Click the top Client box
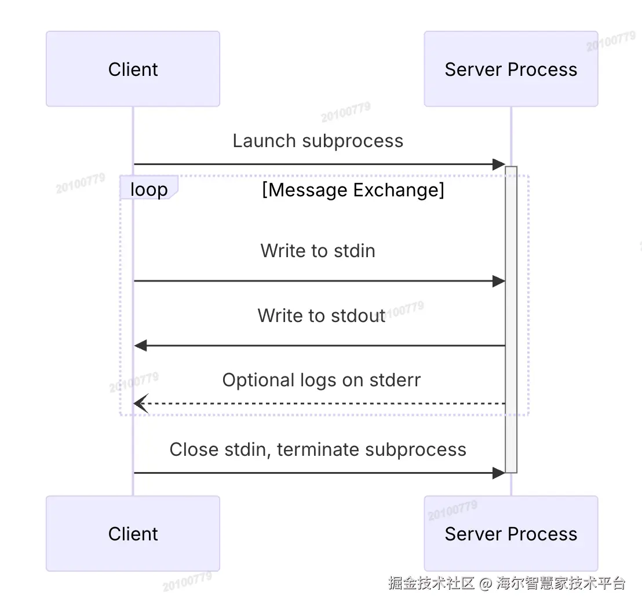tap(133, 69)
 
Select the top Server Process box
tap(510, 69)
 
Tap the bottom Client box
tap(133, 533)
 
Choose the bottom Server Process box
tap(510, 533)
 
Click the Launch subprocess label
tap(318, 141)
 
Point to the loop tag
tap(148, 189)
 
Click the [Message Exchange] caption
tap(353, 190)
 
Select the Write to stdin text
tap(318, 251)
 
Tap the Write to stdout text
tap(321, 316)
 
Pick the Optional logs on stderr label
tap(321, 380)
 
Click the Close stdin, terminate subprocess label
tap(318, 449)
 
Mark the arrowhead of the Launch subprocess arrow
tap(499, 164)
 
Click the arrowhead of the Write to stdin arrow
tap(499, 281)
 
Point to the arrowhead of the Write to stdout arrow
tap(140, 346)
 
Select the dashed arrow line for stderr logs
tap(324, 403)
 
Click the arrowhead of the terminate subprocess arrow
tap(499, 473)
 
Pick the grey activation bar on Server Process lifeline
tap(511, 319)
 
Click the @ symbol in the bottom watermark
tap(486, 583)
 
